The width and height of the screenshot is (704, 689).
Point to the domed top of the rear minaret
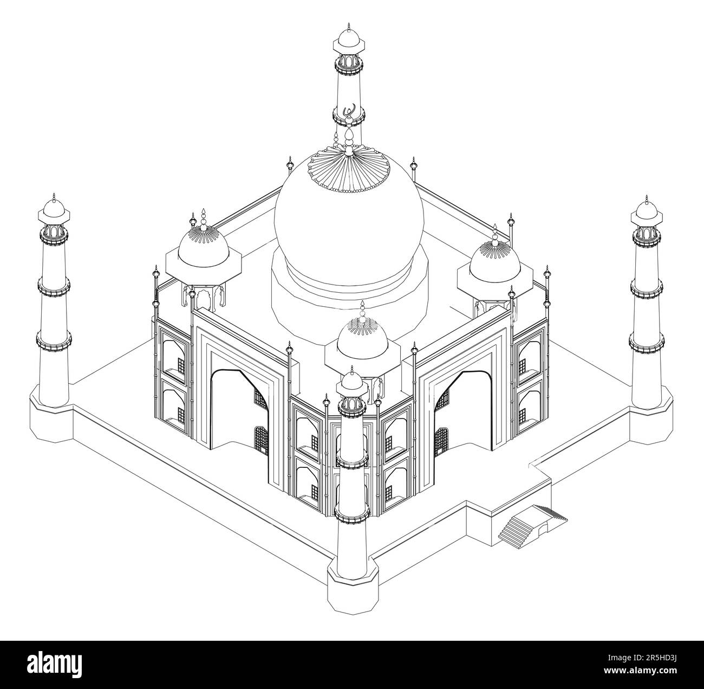click(349, 40)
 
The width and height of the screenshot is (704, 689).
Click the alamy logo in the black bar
click(54, 664)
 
